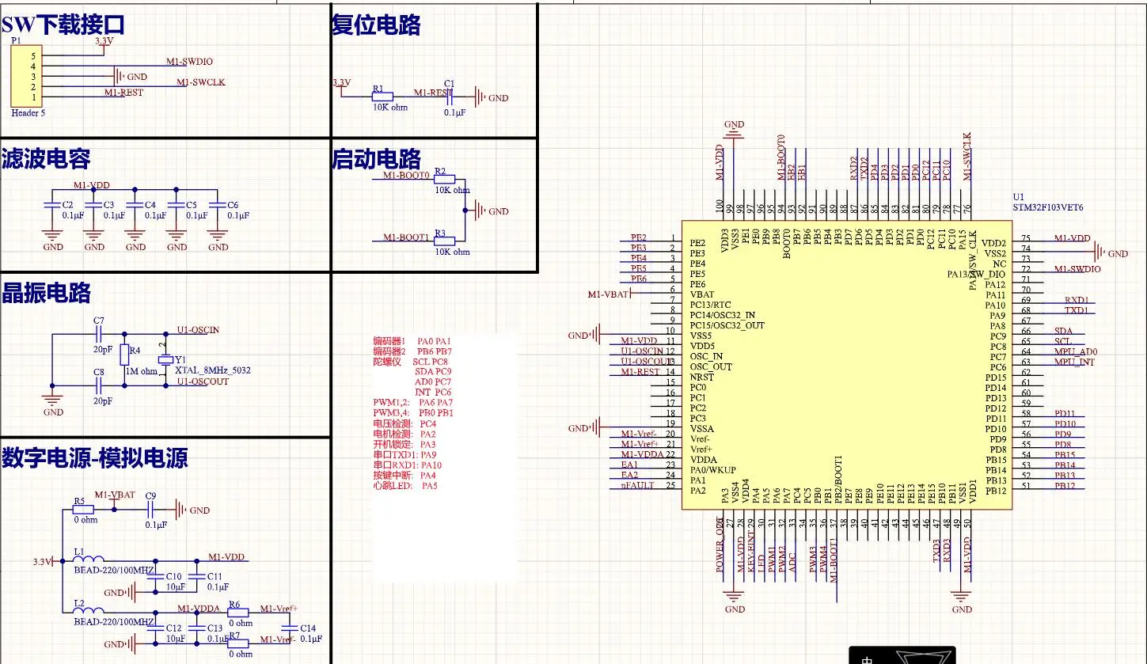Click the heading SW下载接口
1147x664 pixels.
click(x=63, y=26)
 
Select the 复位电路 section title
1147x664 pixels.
click(x=376, y=25)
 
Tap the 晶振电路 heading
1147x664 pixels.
click(x=47, y=293)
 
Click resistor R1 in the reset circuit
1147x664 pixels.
click(x=382, y=97)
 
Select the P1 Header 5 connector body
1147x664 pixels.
click(x=26, y=76)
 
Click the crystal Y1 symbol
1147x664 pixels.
click(x=165, y=360)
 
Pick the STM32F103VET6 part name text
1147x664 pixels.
click(x=1048, y=207)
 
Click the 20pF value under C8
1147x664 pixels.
click(x=103, y=400)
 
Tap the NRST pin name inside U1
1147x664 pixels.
click(x=701, y=378)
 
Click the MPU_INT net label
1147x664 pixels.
click(x=1074, y=362)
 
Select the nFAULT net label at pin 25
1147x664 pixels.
click(x=637, y=486)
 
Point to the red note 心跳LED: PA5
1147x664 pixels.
click(x=405, y=485)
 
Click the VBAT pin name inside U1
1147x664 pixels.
click(x=702, y=294)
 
